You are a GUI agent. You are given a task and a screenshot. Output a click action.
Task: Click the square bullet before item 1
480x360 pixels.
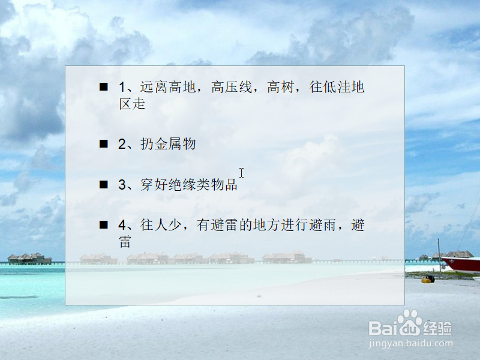click(x=104, y=87)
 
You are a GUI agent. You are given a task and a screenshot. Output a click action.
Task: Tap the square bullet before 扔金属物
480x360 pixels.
click(x=104, y=144)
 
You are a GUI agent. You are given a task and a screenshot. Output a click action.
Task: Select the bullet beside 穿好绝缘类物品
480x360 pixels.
click(x=104, y=185)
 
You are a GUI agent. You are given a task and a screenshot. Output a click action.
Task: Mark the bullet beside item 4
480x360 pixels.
click(x=104, y=225)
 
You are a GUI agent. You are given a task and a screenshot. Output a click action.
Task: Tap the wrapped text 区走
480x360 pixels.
click(x=132, y=104)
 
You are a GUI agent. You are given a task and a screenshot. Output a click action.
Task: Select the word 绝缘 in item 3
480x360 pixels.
click(x=182, y=185)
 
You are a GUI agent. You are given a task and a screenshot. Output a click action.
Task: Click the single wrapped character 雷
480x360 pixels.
click(x=125, y=242)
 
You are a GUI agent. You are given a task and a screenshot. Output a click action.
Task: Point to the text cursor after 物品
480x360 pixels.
click(x=241, y=173)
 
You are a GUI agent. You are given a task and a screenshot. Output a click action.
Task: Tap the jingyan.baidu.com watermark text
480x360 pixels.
click(x=411, y=344)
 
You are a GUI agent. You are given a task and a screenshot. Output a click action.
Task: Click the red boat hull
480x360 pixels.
click(x=462, y=265)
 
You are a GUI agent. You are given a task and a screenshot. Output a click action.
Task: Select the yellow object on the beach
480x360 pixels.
click(x=427, y=279)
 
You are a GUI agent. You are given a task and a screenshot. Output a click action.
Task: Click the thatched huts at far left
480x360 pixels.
click(x=29, y=259)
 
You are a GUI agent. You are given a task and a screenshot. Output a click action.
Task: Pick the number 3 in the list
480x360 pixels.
click(x=122, y=185)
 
